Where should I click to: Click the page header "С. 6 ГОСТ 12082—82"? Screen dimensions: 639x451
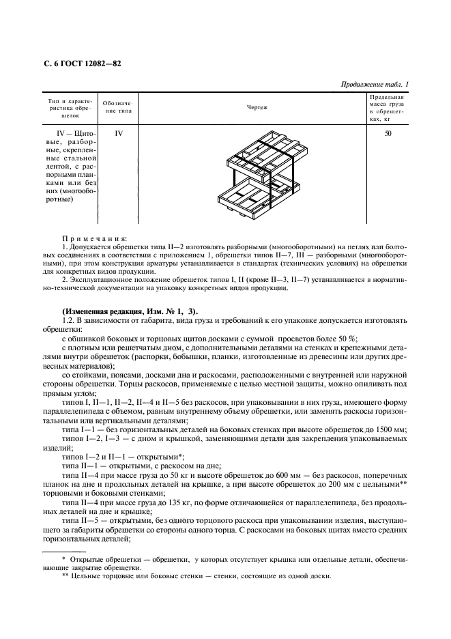[78, 63]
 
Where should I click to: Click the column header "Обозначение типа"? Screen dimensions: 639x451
[118, 107]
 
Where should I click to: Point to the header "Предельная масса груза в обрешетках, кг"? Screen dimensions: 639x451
[388, 108]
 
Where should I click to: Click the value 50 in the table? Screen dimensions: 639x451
[388, 134]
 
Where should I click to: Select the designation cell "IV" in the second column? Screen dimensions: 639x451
[118, 134]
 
